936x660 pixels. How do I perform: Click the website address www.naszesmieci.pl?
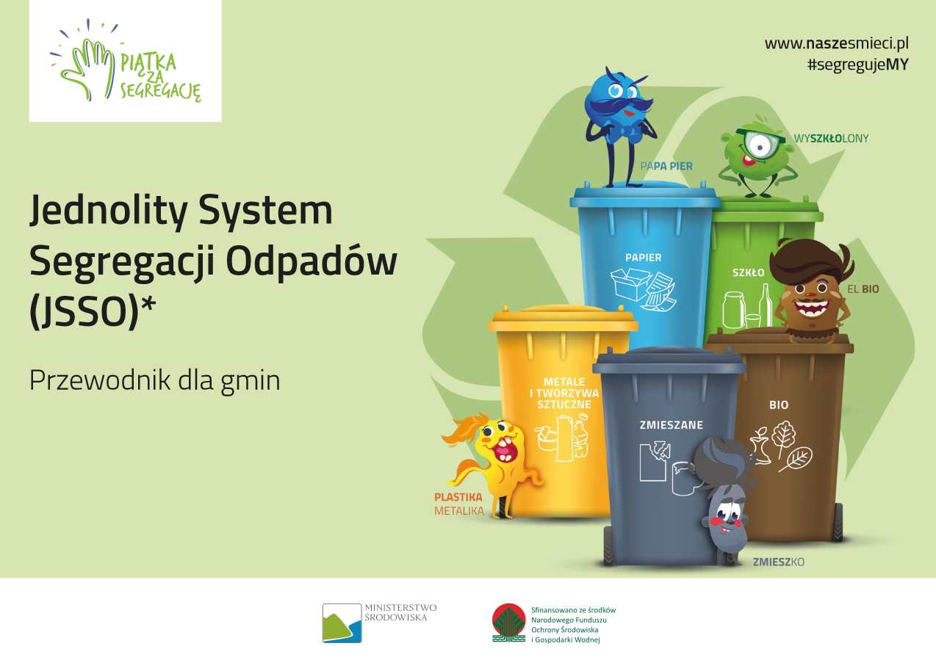pyautogui.click(x=837, y=43)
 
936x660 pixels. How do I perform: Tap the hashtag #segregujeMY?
pyautogui.click(x=858, y=65)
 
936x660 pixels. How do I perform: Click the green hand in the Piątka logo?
pyautogui.click(x=87, y=67)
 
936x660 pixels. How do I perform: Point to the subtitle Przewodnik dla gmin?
pyautogui.click(x=154, y=381)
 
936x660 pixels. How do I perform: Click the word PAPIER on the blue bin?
pyautogui.click(x=644, y=258)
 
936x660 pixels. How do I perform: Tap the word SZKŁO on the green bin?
pyautogui.click(x=748, y=273)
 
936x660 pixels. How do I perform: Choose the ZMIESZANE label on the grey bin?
pyautogui.click(x=672, y=425)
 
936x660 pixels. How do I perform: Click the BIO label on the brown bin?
pyautogui.click(x=779, y=405)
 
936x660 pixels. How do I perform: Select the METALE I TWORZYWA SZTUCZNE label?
pyautogui.click(x=564, y=393)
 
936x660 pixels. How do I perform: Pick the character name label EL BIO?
pyautogui.click(x=863, y=289)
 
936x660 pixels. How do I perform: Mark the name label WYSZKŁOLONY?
pyautogui.click(x=831, y=138)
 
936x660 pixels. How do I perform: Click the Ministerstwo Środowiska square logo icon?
pyautogui.click(x=342, y=623)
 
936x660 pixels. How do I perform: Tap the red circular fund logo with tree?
pyautogui.click(x=508, y=623)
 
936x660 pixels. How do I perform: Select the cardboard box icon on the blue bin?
pyautogui.click(x=630, y=283)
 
